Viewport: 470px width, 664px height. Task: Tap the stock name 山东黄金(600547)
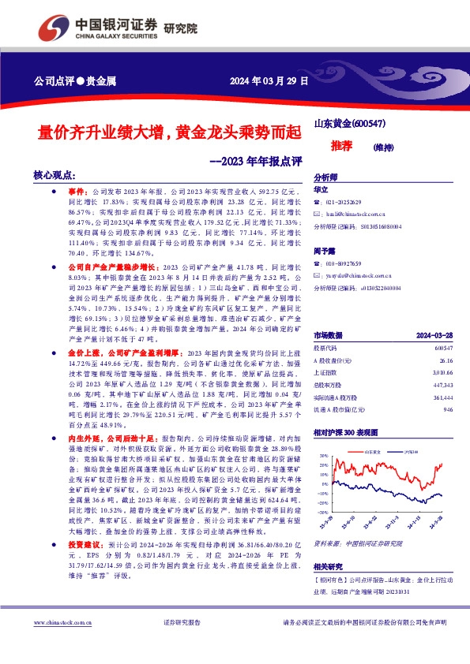point(350,124)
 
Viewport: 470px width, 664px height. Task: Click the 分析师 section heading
point(326,178)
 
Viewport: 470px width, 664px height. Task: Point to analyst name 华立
point(321,190)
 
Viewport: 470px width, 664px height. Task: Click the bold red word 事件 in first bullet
point(75,192)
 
